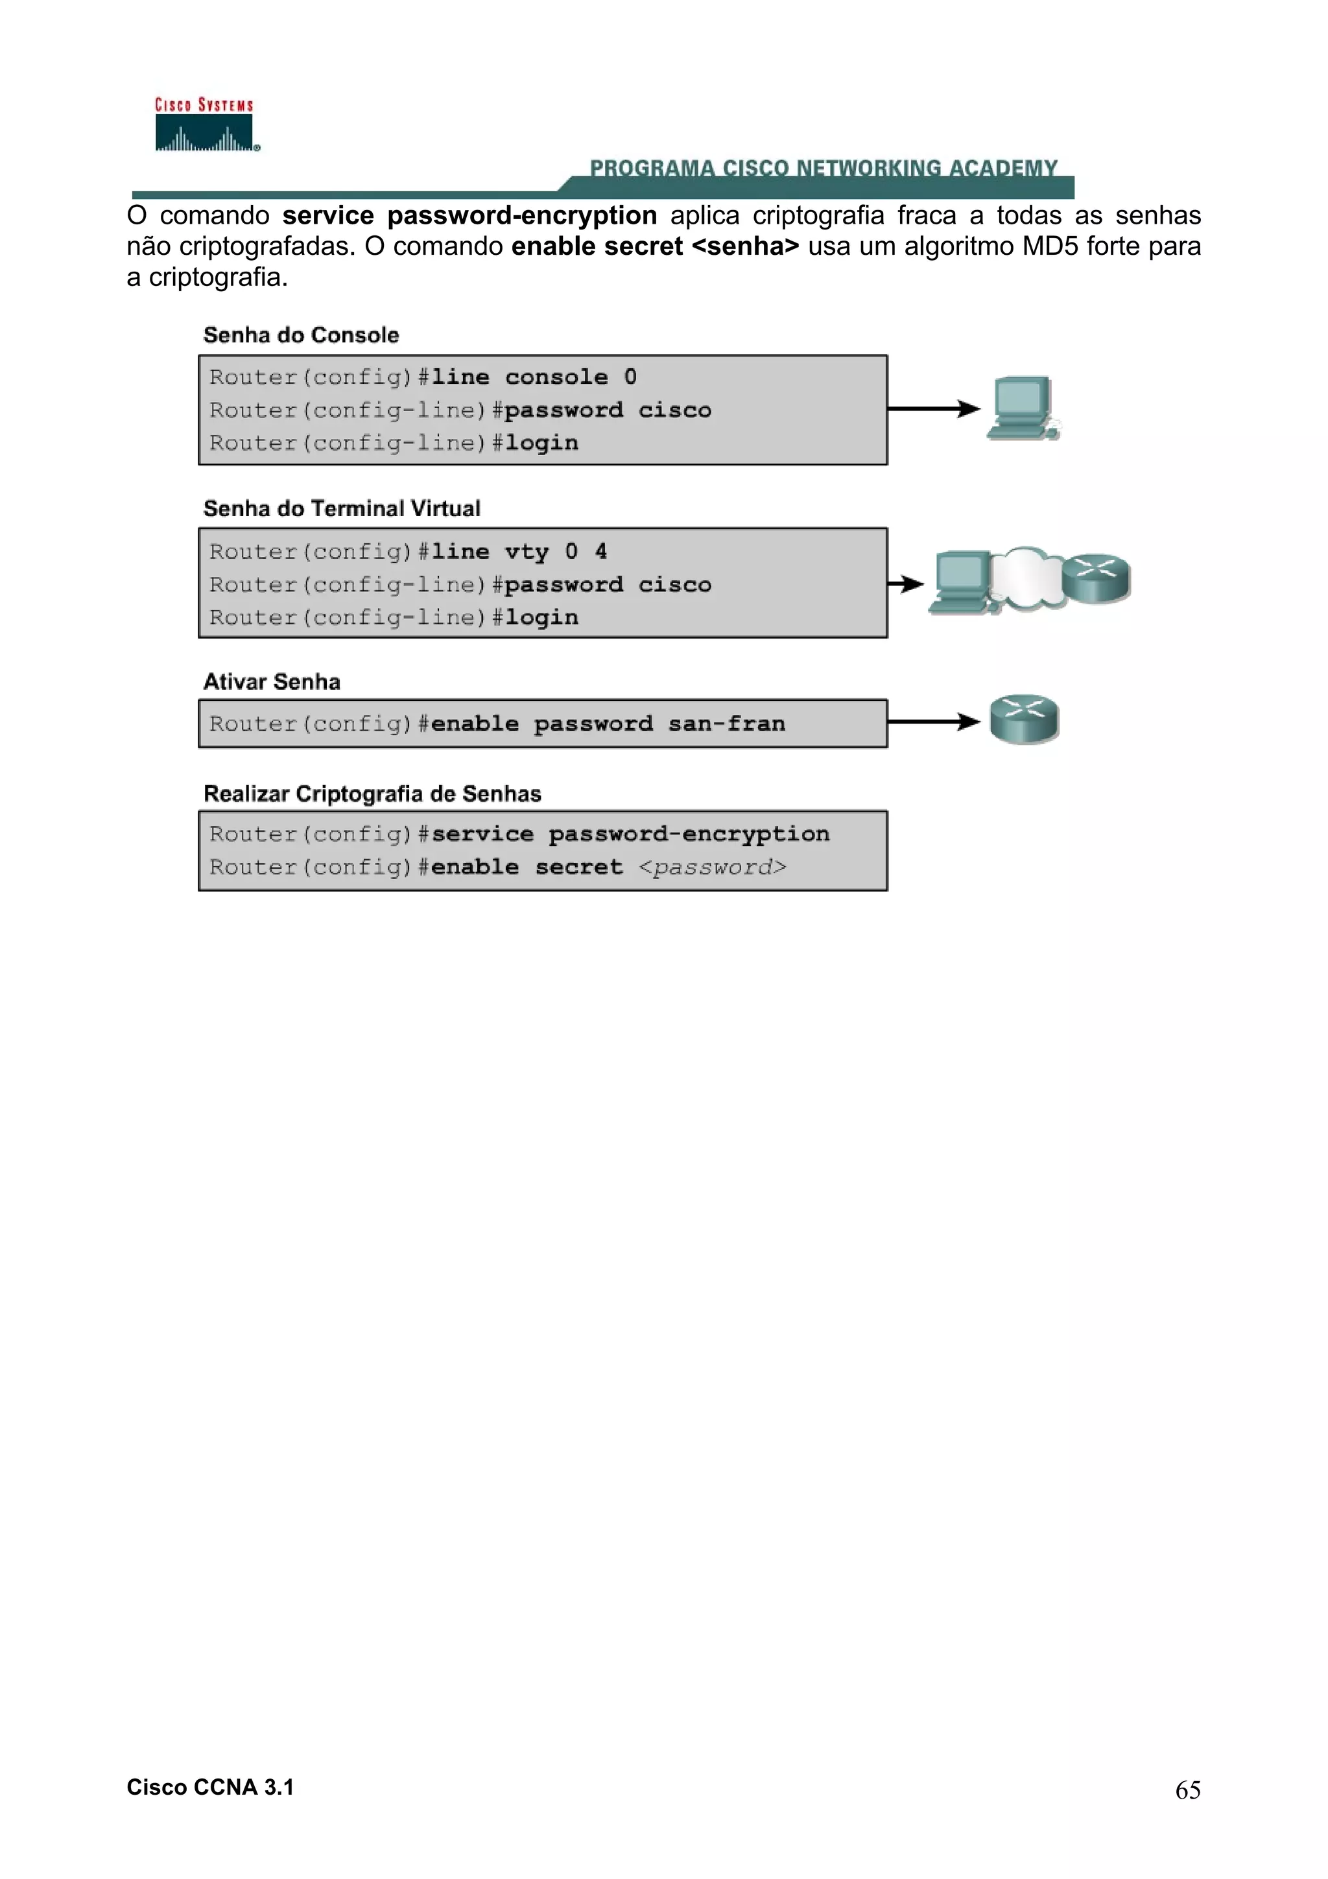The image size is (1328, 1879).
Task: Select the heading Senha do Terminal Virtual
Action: pyautogui.click(x=341, y=508)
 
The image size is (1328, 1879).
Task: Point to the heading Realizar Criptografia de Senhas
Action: pyautogui.click(x=372, y=794)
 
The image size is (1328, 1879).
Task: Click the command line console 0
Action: pyautogui.click(x=534, y=377)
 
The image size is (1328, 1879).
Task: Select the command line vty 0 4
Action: pyautogui.click(x=519, y=552)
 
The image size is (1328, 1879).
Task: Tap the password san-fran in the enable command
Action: pyautogui.click(x=727, y=724)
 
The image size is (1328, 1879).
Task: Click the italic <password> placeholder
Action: pyautogui.click(x=712, y=867)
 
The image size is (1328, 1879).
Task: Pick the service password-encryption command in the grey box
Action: pyautogui.click(x=630, y=834)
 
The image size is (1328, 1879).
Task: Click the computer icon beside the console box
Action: pyautogui.click(x=1022, y=408)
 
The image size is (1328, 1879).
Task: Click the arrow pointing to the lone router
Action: pyautogui.click(x=933, y=722)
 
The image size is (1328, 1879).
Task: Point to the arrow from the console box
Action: pyautogui.click(x=933, y=408)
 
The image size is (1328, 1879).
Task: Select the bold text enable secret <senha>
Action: pyautogui.click(x=654, y=246)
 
